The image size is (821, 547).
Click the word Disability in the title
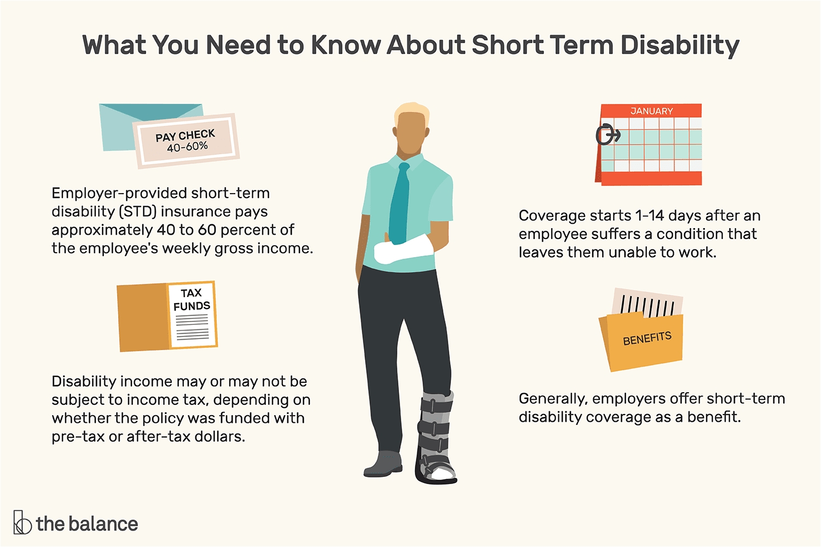click(680, 46)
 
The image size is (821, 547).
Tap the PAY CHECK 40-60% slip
click(186, 141)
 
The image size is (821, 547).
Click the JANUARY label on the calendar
click(652, 111)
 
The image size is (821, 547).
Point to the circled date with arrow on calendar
click(608, 135)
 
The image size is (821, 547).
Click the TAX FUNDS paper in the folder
click(192, 315)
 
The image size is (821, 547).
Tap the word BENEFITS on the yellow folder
click(647, 338)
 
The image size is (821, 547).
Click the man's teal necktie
click(400, 203)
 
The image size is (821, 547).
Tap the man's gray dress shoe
click(383, 464)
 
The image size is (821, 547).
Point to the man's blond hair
click(412, 112)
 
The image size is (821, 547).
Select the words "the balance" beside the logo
click(87, 524)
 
